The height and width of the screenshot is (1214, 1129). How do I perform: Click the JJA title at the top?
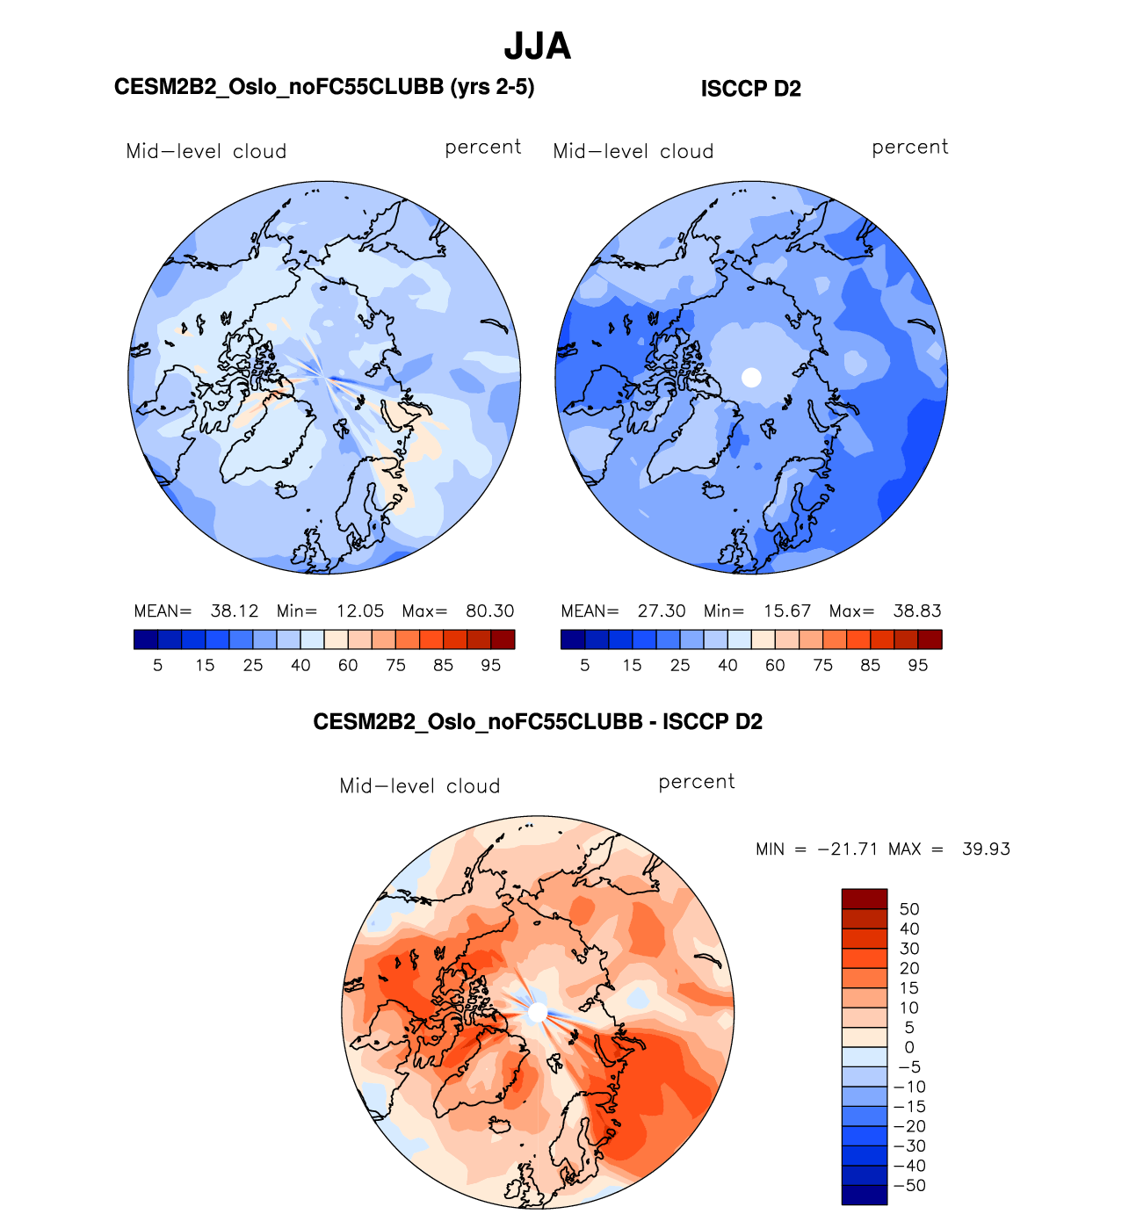[x=538, y=47]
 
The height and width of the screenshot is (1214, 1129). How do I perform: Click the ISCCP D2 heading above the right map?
[x=750, y=89]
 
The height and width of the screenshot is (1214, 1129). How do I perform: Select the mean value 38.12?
[x=235, y=611]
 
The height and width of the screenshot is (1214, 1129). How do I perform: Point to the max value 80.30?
[x=489, y=611]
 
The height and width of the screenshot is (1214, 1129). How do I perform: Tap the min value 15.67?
[x=787, y=611]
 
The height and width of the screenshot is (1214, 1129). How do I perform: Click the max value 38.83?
[x=916, y=611]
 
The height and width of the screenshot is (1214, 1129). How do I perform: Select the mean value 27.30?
[x=662, y=611]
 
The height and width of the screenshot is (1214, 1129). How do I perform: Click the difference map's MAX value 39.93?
[x=986, y=849]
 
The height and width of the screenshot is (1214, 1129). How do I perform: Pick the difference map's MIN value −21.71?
[x=847, y=849]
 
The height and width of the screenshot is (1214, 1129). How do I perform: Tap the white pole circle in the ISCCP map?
[x=751, y=377]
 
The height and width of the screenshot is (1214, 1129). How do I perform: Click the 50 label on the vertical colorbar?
[x=909, y=909]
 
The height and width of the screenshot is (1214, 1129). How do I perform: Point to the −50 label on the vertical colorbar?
[x=909, y=1186]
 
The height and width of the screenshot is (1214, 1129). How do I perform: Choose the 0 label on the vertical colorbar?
[x=909, y=1047]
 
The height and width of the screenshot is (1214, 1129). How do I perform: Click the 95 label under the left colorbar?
[x=491, y=666]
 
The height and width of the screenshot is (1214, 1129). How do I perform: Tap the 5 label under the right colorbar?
[x=585, y=666]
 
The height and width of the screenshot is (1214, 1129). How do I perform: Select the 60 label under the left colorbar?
[x=348, y=666]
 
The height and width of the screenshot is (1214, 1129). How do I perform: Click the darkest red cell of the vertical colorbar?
[x=865, y=899]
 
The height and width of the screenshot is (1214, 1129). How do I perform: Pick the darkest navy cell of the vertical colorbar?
[x=865, y=1195]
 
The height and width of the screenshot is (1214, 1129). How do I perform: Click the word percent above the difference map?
[x=697, y=782]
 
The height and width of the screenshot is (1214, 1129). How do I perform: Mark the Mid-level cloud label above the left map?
[x=206, y=151]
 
